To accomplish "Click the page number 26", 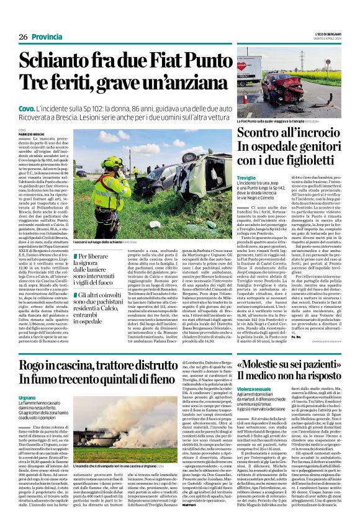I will click(23, 37).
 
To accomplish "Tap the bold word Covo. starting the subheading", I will click(27, 108).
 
